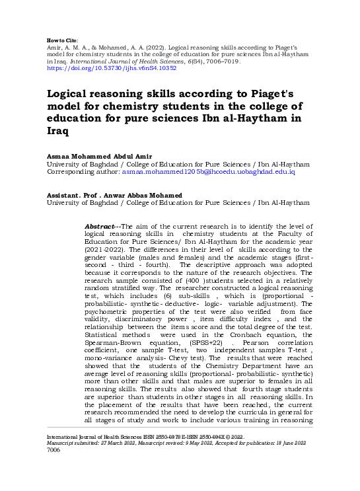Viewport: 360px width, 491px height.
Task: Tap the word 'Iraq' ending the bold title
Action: click(58, 132)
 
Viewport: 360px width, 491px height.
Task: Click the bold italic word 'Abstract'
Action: click(100, 227)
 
